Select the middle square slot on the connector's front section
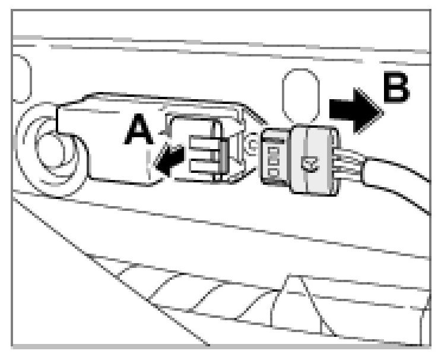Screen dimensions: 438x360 [x=274, y=159]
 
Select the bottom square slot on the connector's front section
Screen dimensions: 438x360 [x=274, y=172]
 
